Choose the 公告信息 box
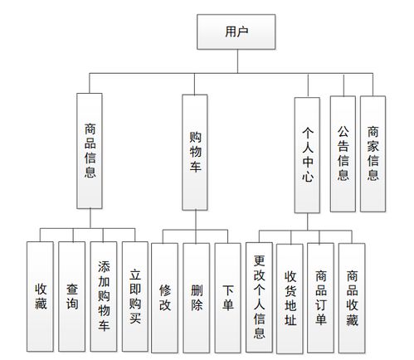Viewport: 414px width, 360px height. click(343, 151)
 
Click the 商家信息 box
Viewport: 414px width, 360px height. click(373, 151)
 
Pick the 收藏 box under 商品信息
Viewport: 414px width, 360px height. click(40, 296)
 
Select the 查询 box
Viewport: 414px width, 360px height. click(71, 296)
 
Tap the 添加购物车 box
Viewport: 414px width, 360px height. click(103, 296)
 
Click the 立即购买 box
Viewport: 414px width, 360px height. click(135, 296)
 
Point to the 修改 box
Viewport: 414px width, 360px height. click(165, 296)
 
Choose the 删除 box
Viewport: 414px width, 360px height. click(197, 296)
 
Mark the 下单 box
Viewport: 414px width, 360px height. click(228, 296)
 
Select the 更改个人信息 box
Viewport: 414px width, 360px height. click(260, 296)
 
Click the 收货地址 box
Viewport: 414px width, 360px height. click(290, 296)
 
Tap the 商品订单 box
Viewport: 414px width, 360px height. click(321, 296)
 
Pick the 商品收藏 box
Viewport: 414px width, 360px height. click(352, 296)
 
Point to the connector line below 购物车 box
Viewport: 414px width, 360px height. click(195, 219)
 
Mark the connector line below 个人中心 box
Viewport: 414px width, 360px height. click(306, 221)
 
